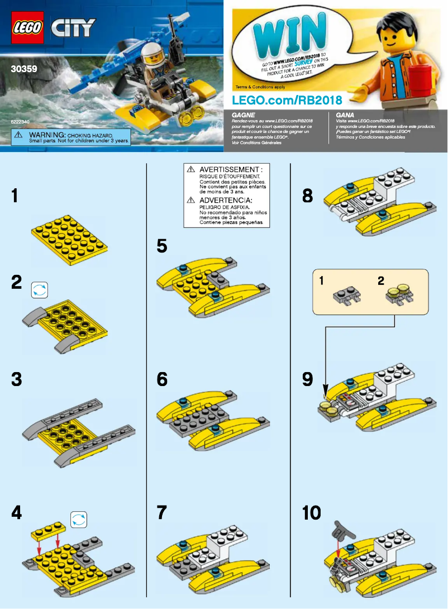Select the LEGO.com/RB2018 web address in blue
287,98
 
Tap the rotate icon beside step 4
79,518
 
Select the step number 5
163,245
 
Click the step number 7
162,512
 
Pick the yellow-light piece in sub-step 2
400,295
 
